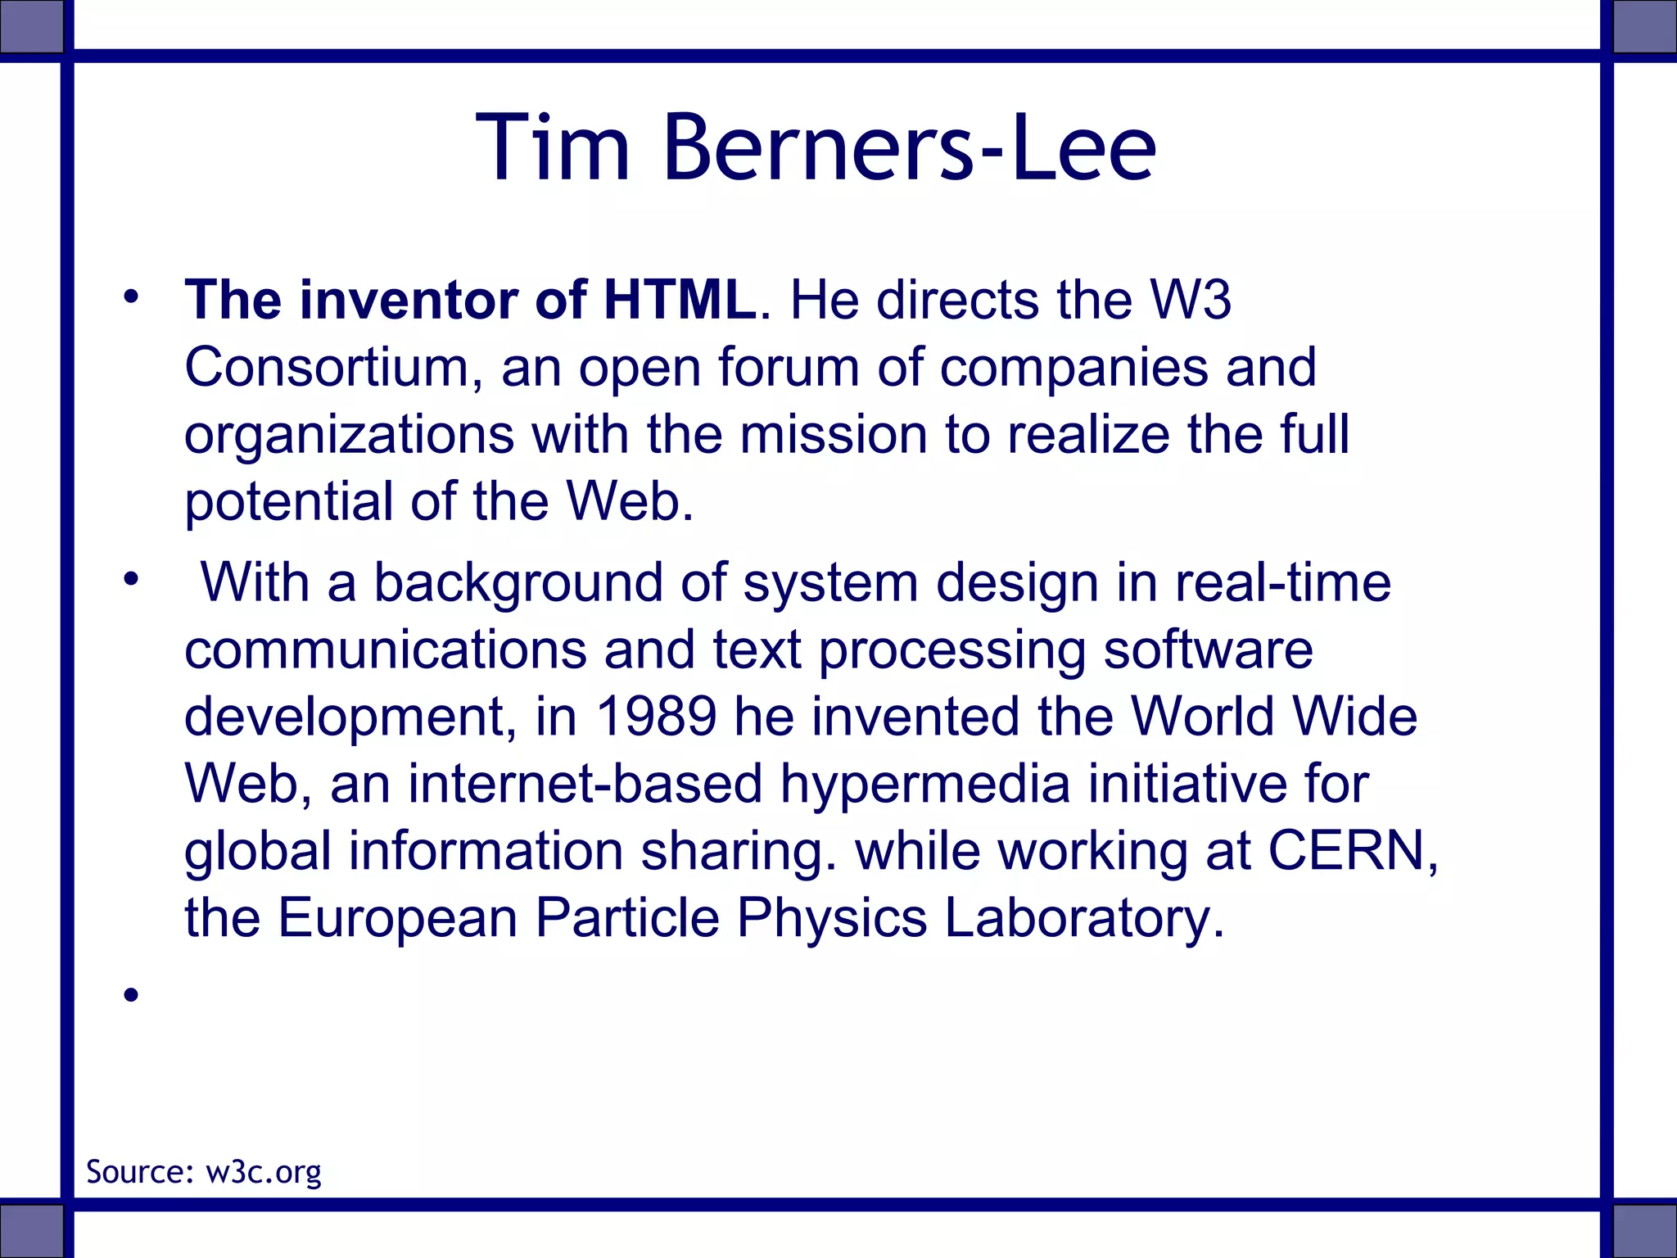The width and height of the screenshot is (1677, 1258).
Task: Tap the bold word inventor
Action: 408,300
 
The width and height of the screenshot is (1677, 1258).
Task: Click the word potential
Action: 288,501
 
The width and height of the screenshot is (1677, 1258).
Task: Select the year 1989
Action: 655,717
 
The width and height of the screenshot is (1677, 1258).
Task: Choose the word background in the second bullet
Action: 518,583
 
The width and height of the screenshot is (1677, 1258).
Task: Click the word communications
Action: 385,650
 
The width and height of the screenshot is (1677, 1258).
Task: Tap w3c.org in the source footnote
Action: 263,1172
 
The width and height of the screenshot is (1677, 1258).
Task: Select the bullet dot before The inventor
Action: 129,296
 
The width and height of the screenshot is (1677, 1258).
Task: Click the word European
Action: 397,918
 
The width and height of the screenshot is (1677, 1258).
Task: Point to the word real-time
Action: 1282,583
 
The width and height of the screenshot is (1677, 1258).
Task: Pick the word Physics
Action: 831,918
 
